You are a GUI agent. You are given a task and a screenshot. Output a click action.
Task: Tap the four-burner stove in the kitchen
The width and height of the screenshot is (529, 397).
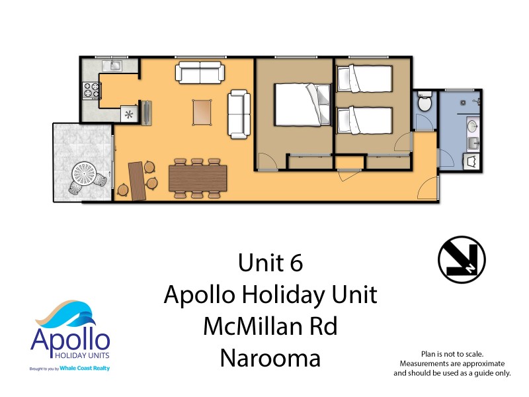click(90, 90)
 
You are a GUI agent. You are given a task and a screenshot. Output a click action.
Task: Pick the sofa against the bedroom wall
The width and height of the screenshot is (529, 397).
click(239, 114)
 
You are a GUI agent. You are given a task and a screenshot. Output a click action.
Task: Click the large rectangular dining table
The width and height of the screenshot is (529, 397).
click(198, 178)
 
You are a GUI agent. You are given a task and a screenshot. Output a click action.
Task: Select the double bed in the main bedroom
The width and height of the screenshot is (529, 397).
click(301, 104)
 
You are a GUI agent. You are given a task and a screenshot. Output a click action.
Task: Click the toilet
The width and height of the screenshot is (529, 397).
click(425, 103)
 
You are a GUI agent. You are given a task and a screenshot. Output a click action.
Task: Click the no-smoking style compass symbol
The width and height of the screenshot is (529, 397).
click(462, 259)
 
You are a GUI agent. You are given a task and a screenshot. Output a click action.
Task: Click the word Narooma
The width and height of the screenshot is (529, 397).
click(270, 358)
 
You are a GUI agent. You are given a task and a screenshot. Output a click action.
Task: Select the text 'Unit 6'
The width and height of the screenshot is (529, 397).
click(270, 263)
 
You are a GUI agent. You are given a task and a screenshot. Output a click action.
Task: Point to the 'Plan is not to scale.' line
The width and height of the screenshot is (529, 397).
click(452, 355)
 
